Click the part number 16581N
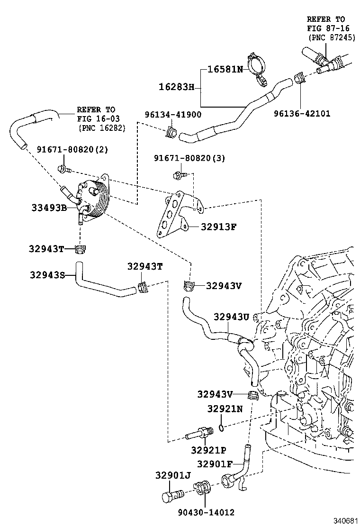[225, 69]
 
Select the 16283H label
[176, 87]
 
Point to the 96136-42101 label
[302, 114]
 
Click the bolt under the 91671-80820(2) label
[63, 168]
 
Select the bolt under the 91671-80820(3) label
[180, 175]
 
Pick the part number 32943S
[47, 274]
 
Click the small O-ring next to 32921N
[221, 428]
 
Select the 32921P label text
[208, 450]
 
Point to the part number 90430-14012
[206, 512]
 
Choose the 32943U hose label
[231, 317]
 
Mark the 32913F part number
[219, 227]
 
